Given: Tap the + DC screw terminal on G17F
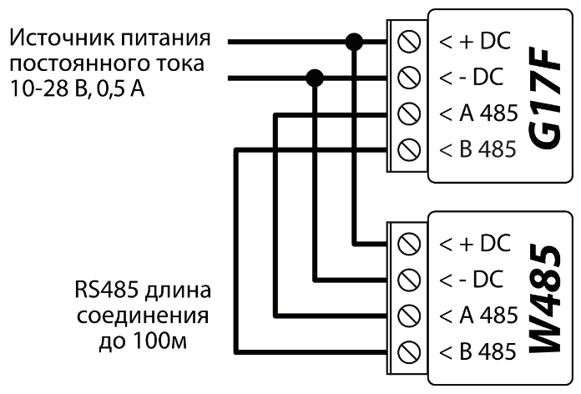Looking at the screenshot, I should point(409,41).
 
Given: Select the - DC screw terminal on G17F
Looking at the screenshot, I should point(409,78).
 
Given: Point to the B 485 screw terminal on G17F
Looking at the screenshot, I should point(409,149).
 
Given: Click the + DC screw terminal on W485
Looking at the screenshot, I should point(409,243).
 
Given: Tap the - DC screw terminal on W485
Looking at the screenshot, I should point(409,279).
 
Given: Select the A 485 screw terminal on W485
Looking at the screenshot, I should point(409,315).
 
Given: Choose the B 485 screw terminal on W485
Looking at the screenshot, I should point(409,350).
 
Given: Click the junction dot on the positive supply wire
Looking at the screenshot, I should point(355,41).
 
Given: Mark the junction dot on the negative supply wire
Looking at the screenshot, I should point(315,78).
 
